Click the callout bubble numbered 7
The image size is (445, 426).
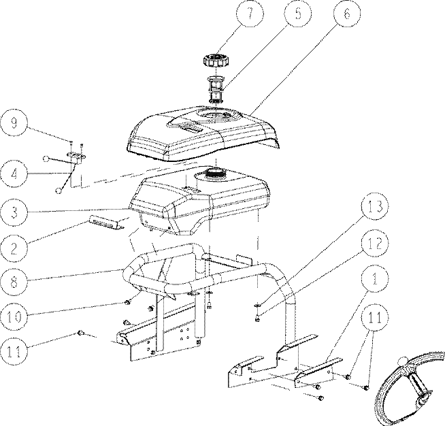point(250,14)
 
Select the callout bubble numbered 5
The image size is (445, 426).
point(298,14)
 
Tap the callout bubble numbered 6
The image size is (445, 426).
point(347,14)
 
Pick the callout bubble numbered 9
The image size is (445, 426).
point(14,123)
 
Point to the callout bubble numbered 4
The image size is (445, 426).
point(14,174)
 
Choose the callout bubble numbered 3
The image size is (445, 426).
point(14,212)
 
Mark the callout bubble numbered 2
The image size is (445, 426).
point(14,248)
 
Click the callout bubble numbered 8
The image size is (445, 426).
point(14,282)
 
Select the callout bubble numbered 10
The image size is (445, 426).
point(14,316)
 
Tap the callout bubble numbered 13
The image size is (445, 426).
point(375,206)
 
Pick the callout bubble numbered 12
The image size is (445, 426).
point(375,243)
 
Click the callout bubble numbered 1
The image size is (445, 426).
point(375,278)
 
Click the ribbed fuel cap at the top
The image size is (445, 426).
point(216,60)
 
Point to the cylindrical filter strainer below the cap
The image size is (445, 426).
point(216,90)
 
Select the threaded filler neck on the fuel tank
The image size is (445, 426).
point(216,173)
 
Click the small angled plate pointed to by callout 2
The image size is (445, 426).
point(107,223)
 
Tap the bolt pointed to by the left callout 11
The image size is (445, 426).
point(80,333)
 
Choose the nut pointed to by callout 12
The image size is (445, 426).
point(258,320)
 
